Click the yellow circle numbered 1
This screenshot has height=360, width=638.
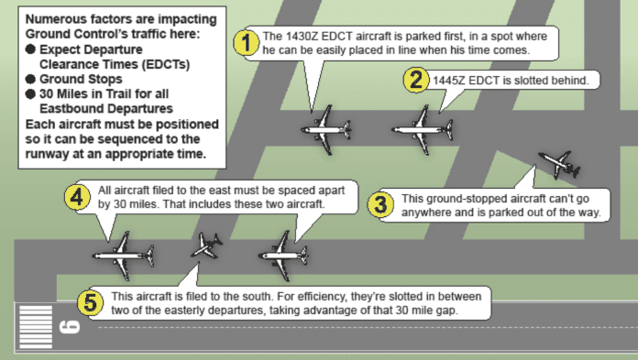[246, 43]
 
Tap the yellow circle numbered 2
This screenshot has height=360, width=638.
[416, 80]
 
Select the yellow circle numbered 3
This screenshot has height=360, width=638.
[380, 204]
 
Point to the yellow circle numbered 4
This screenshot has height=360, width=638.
[77, 197]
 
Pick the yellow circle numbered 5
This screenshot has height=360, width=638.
[90, 303]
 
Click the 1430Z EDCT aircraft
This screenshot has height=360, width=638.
[325, 130]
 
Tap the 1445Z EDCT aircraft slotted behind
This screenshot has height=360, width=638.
[423, 130]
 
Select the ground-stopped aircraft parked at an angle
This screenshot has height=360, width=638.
[559, 164]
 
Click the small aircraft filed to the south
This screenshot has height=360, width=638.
[207, 245]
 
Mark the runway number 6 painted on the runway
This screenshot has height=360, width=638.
[69, 327]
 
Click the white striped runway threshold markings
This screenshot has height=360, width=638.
[36, 327]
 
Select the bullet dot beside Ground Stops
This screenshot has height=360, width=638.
[30, 79]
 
